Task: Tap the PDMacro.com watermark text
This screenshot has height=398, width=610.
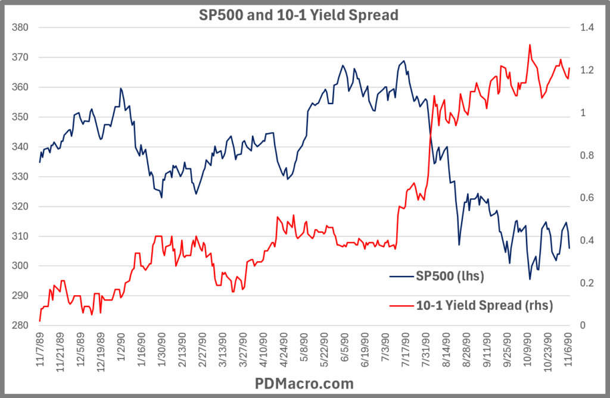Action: click(x=304, y=383)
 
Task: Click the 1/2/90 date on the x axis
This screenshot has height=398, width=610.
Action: click(x=122, y=351)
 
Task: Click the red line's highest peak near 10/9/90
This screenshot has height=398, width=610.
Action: click(x=530, y=45)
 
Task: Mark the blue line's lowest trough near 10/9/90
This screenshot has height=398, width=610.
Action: click(x=530, y=279)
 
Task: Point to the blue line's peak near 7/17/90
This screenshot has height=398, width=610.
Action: click(x=404, y=61)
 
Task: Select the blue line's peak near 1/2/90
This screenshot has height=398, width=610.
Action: click(x=120, y=88)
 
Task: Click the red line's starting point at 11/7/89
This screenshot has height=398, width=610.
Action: click(x=40, y=321)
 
